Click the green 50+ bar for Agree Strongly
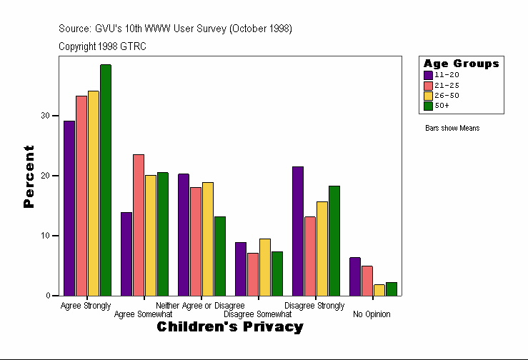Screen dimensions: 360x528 click(x=106, y=180)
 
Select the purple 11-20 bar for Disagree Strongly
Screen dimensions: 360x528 click(x=298, y=231)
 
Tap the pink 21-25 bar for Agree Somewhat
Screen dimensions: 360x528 click(x=139, y=225)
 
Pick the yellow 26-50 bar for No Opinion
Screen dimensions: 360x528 click(x=379, y=290)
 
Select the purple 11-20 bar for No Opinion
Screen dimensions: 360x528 click(x=355, y=276)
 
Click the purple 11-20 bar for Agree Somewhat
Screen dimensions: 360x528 click(x=126, y=254)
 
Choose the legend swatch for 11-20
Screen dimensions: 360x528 click(x=428, y=75)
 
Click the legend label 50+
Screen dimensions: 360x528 click(x=442, y=106)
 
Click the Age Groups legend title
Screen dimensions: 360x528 click(x=461, y=64)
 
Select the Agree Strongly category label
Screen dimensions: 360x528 click(x=86, y=306)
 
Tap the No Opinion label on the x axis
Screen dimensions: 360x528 click(x=372, y=314)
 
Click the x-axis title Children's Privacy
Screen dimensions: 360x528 click(x=230, y=327)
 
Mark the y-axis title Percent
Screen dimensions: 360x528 click(x=29, y=176)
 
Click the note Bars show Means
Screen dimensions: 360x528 click(x=452, y=129)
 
